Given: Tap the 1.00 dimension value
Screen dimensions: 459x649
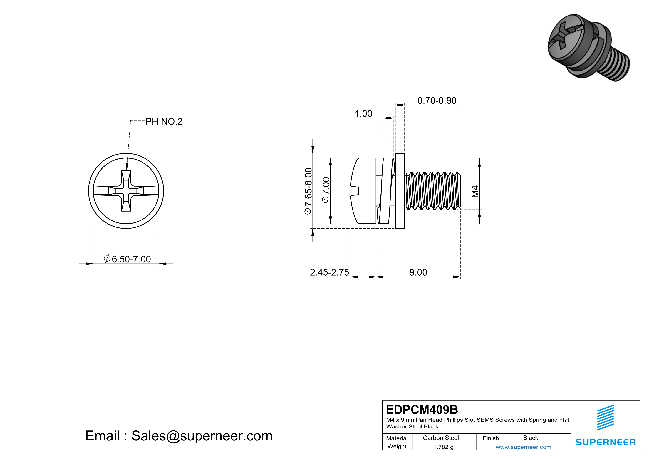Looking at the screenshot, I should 363,114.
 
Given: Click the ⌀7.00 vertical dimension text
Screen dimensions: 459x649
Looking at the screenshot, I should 326,190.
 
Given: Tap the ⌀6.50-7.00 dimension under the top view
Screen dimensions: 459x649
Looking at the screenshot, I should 128,259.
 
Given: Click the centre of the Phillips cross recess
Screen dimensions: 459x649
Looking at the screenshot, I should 126,191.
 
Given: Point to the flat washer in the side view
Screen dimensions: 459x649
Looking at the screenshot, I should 400,191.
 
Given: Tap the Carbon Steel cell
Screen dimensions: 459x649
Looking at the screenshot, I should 440,438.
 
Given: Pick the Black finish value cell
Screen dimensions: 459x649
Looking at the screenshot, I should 530,438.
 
